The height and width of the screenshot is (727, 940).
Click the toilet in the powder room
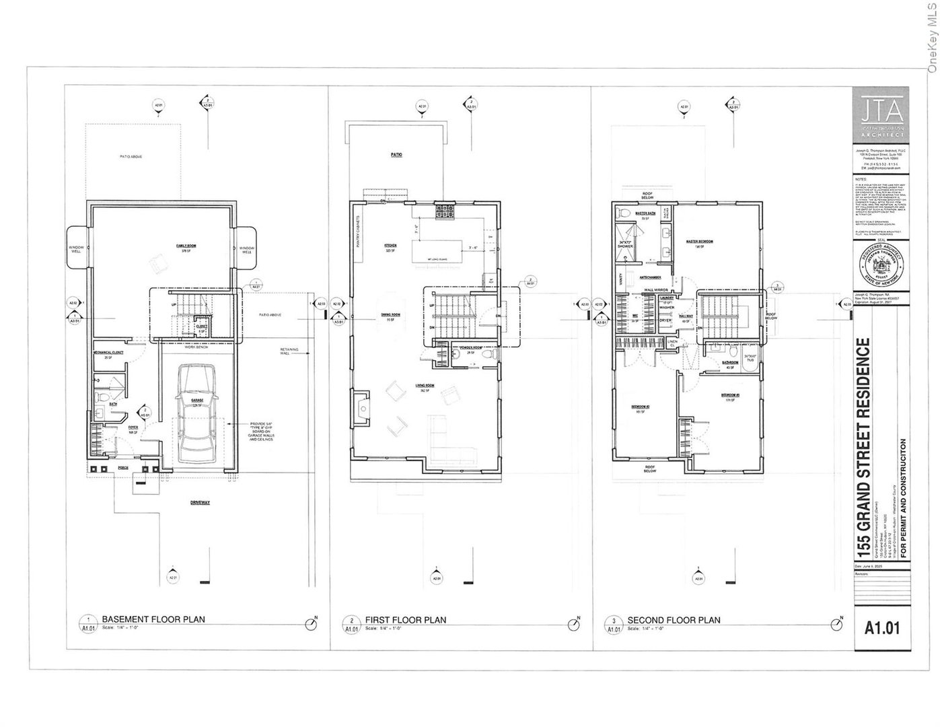[493, 354]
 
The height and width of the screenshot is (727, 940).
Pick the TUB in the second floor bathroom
[750, 357]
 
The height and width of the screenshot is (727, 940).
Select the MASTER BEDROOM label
[699, 241]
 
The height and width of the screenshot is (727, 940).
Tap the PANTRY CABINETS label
[359, 235]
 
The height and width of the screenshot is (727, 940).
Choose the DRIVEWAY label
[200, 502]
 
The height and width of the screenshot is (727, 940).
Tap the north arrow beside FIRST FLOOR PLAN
[574, 625]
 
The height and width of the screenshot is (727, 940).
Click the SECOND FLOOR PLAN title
[674, 620]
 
